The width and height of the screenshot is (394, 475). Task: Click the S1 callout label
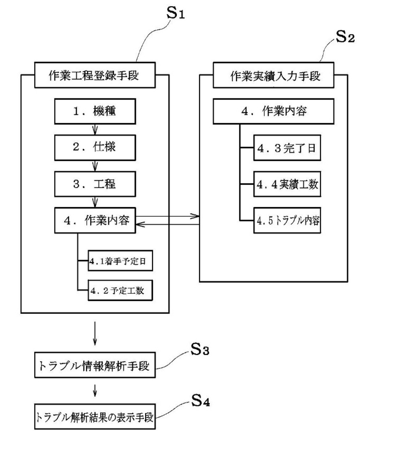coord(175,13)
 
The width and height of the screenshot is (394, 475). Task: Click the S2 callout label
coord(345,37)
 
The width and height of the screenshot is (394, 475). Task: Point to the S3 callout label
coord(200,350)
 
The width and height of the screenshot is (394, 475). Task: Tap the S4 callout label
coord(200,401)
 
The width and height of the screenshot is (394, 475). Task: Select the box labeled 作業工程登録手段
coord(95,75)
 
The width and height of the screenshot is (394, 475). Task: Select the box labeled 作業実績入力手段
coord(273,75)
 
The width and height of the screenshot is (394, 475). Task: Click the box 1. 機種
coord(95,111)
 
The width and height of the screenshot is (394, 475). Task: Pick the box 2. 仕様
coord(95,147)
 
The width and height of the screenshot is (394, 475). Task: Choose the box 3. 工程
coord(95,184)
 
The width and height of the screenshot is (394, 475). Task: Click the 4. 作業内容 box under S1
coord(95,220)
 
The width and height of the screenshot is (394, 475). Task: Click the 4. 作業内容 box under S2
coord(273,111)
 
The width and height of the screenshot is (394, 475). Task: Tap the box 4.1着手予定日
coord(120,261)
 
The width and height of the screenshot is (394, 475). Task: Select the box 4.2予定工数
coord(120,290)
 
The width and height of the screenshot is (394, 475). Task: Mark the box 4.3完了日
coord(287,148)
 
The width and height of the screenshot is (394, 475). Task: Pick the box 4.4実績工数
coord(287,184)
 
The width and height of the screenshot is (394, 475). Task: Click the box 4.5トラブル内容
coord(287,220)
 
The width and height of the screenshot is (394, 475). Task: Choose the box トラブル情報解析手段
coord(95,365)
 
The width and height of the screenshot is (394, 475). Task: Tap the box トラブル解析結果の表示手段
coord(95,417)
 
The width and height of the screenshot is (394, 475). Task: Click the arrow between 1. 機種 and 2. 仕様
coord(95,129)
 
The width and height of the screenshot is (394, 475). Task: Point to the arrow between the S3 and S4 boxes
coord(95,390)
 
